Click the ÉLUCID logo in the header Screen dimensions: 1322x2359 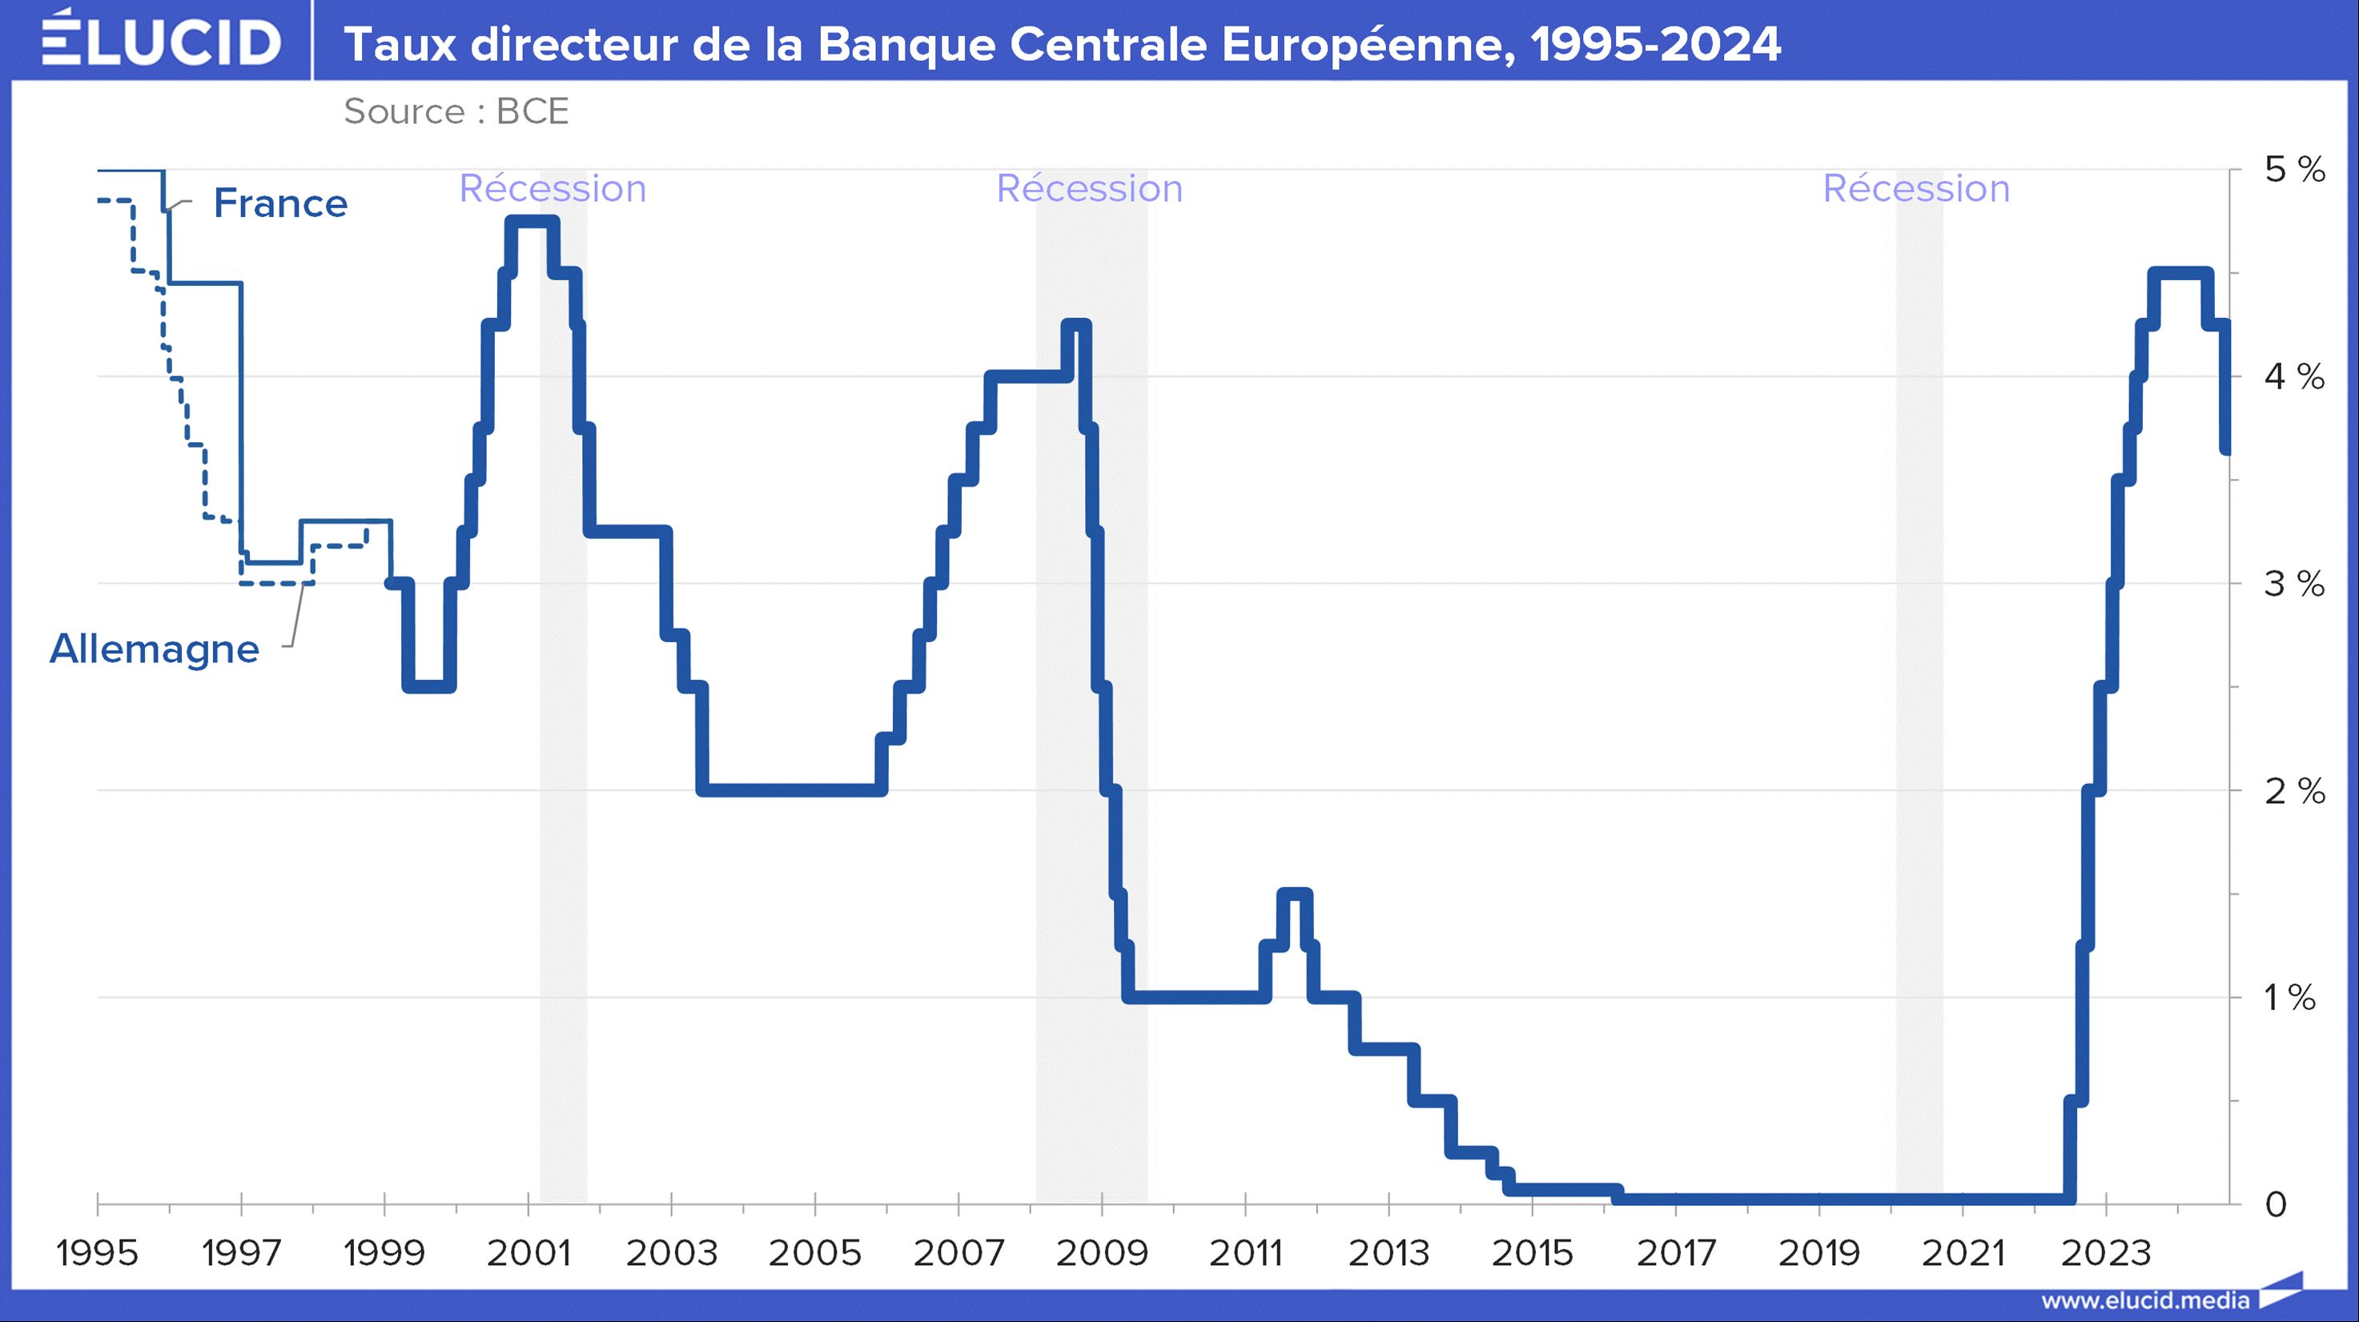click(x=161, y=40)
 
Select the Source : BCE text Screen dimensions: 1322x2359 click(x=456, y=111)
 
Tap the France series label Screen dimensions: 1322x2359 click(x=280, y=203)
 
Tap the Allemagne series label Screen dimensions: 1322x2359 click(x=155, y=649)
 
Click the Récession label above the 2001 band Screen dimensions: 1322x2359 click(x=553, y=189)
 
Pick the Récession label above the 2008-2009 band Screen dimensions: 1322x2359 click(x=1089, y=189)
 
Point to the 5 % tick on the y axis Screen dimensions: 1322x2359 click(x=2294, y=170)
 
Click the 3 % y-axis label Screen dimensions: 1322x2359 click(x=2294, y=583)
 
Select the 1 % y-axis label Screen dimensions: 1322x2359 click(x=2289, y=997)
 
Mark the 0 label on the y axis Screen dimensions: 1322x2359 click(x=2276, y=1205)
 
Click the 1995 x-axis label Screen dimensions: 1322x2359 click(x=97, y=1253)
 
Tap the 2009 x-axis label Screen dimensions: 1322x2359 click(x=1102, y=1253)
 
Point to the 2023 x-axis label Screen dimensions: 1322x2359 click(x=2105, y=1253)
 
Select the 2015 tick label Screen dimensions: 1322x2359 click(x=1532, y=1253)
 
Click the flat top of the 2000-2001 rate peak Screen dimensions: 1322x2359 click(x=532, y=221)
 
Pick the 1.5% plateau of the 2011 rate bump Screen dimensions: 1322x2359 click(x=1295, y=894)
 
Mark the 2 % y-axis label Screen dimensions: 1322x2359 click(x=2294, y=790)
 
